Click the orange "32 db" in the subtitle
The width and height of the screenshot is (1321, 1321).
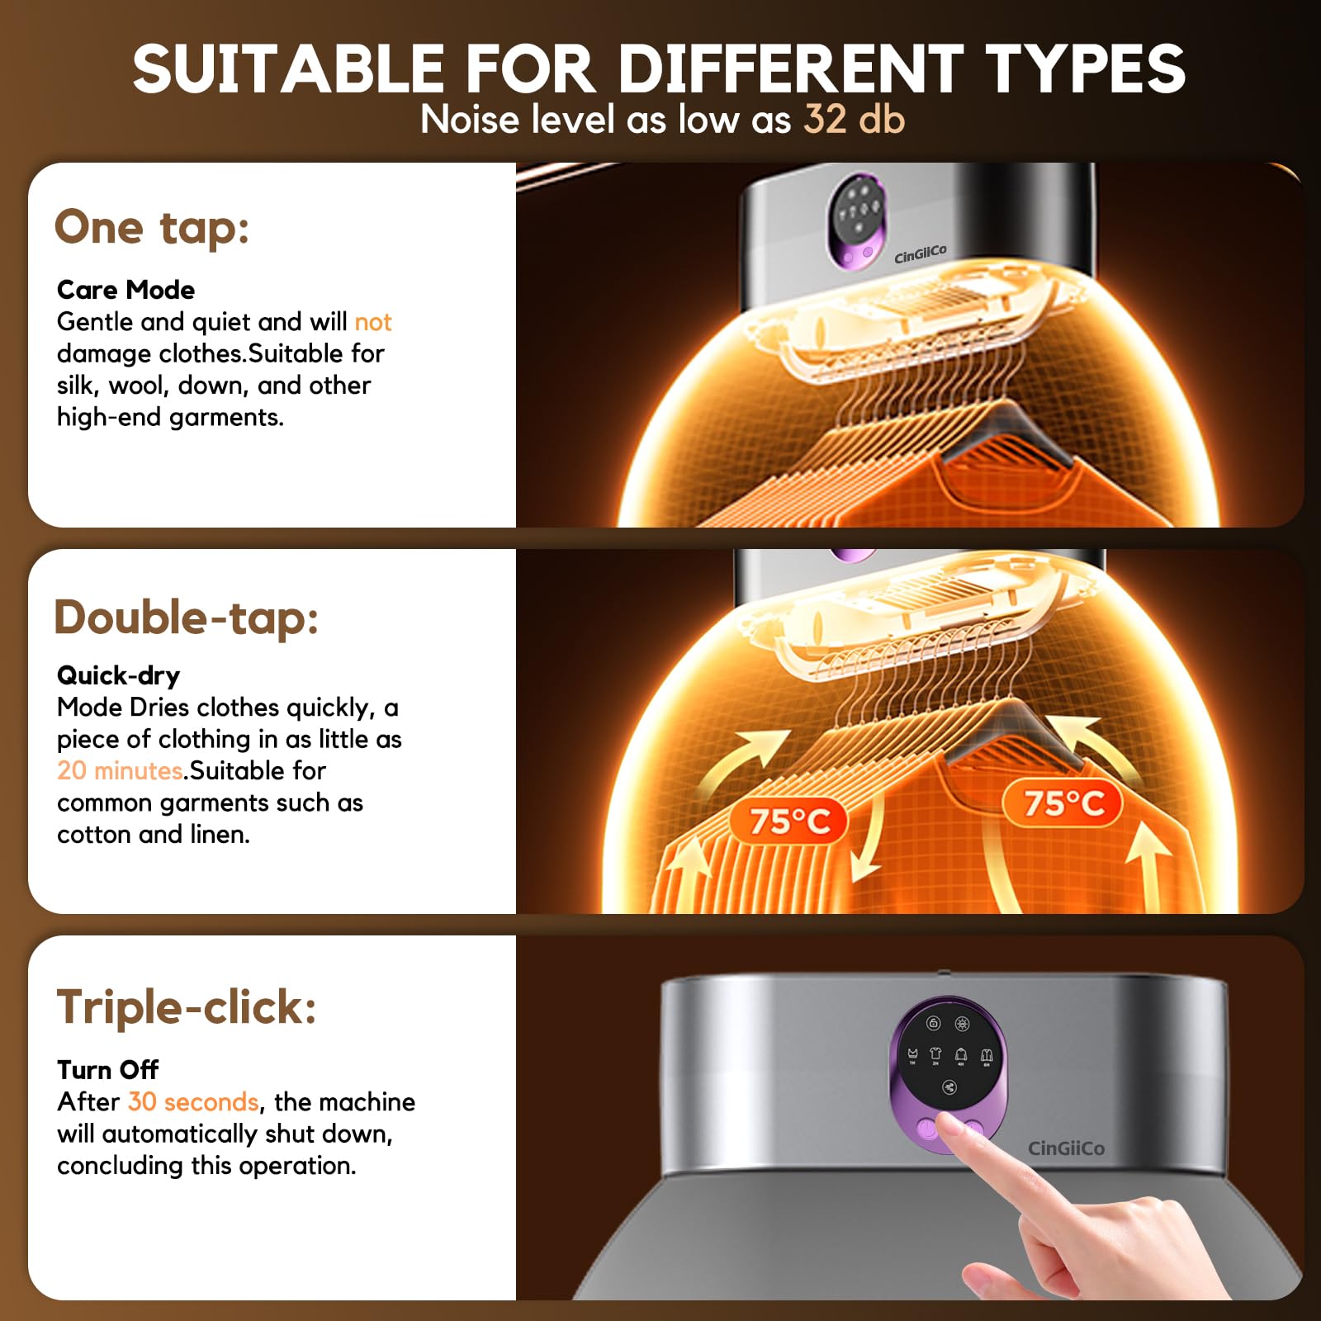point(855,120)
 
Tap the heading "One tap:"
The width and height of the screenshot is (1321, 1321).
point(152,227)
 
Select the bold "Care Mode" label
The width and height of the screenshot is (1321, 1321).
point(125,290)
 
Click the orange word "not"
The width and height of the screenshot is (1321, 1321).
point(372,322)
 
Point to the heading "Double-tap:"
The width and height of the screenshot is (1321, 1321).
point(187,618)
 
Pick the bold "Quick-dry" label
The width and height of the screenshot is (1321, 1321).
point(118,675)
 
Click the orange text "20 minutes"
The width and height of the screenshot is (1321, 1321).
point(120,770)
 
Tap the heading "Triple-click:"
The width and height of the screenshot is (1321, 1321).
point(187,1007)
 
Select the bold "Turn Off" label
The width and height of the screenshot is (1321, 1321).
point(108,1070)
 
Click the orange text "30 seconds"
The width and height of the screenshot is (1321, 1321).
point(193,1102)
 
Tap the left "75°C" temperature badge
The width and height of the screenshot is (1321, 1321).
point(789,821)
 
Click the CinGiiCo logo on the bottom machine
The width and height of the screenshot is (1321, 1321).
point(1066,1148)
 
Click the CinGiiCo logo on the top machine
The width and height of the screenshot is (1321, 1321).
point(921,254)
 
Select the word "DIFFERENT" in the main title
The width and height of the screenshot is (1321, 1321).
point(791,69)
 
